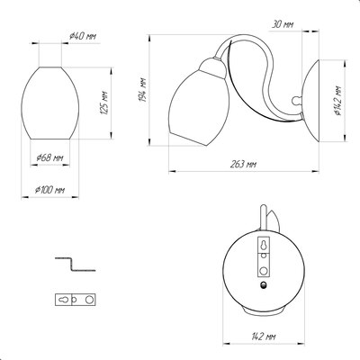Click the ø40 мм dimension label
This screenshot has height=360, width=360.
83,37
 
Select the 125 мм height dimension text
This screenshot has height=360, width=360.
103,102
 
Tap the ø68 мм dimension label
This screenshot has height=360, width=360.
49,157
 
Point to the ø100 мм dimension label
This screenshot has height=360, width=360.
49,190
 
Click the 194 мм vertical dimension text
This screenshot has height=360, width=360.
143,90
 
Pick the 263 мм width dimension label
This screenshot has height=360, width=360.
243,164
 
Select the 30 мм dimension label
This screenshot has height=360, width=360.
283,24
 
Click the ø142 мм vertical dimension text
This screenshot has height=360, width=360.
337,101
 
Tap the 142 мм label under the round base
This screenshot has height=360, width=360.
264,337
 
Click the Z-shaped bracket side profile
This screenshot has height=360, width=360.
75,264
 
